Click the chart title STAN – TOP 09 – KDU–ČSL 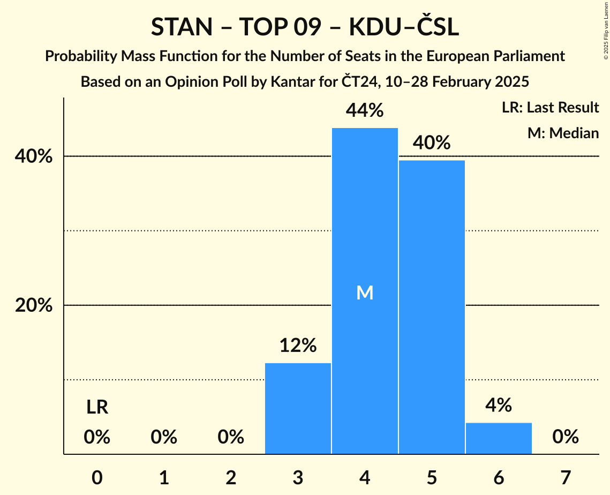coord(305,27)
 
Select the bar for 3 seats coord(298,408)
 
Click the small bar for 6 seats coord(499,438)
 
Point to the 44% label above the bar coord(365,111)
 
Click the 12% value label coord(298,346)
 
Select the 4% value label coord(499,406)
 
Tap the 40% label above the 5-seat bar coord(432,143)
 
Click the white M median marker coord(365,292)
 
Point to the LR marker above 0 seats coord(97,408)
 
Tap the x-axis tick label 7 coord(566,477)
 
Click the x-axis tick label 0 coord(97,477)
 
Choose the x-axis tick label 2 coord(231,477)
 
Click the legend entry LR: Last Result coord(550,108)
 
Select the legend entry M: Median coord(563,133)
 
